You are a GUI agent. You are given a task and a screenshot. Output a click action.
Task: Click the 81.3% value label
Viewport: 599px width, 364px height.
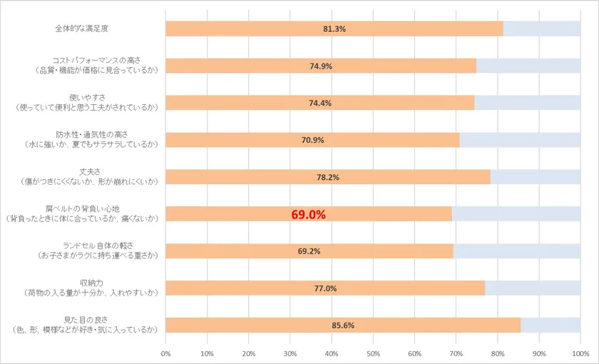334,29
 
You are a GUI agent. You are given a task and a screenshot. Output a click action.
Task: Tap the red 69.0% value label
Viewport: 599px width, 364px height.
308,214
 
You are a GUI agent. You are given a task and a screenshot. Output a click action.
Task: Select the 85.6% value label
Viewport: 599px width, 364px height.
343,325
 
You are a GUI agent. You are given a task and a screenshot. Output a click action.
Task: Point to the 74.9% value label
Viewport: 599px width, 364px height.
321,66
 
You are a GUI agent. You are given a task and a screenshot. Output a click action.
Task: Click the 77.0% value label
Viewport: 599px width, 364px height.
325,288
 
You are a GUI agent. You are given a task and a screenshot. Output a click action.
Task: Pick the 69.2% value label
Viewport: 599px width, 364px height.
309,251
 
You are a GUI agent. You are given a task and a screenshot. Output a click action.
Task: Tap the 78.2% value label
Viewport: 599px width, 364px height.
328,177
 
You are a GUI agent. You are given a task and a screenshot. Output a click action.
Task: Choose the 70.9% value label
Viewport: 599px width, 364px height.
312,140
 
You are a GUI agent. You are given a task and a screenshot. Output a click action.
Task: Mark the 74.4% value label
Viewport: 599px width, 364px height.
319,103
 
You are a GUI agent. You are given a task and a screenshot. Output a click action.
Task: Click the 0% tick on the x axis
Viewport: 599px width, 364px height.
165,353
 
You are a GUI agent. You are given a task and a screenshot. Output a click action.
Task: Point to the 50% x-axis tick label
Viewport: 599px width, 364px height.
373,353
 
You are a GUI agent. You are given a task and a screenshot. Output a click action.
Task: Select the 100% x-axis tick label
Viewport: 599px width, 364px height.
580,353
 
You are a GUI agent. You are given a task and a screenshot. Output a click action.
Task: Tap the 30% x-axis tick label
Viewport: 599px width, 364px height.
290,353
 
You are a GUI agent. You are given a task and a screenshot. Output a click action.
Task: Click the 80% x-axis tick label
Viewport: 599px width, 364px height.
498,353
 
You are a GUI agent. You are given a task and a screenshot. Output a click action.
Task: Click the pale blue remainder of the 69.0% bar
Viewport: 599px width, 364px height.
516,214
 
